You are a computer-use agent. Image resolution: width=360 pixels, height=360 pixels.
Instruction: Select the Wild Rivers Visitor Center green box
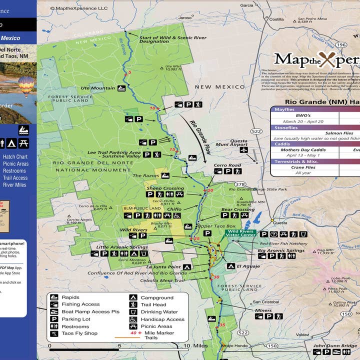pos(241,234)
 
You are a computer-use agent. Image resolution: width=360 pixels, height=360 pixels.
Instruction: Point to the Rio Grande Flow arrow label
pos(196,134)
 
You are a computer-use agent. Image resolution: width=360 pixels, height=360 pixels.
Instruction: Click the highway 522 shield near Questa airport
pos(257,131)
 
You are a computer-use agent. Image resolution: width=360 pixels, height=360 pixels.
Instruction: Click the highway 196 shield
pos(341,45)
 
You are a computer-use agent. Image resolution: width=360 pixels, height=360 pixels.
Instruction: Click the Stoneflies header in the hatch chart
pos(286,127)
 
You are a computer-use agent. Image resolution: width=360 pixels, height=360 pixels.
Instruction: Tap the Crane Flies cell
pos(303,167)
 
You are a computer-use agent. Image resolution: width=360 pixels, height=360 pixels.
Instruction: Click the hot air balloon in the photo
pos(26,85)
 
